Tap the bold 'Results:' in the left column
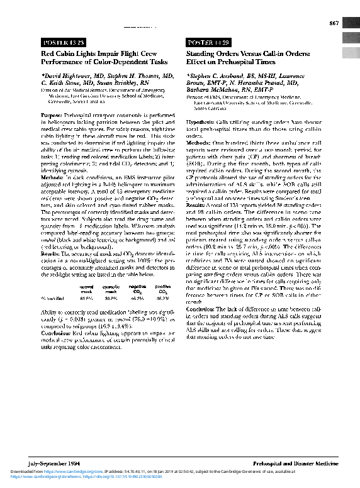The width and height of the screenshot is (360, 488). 52,253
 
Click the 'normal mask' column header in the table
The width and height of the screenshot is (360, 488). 86,289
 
